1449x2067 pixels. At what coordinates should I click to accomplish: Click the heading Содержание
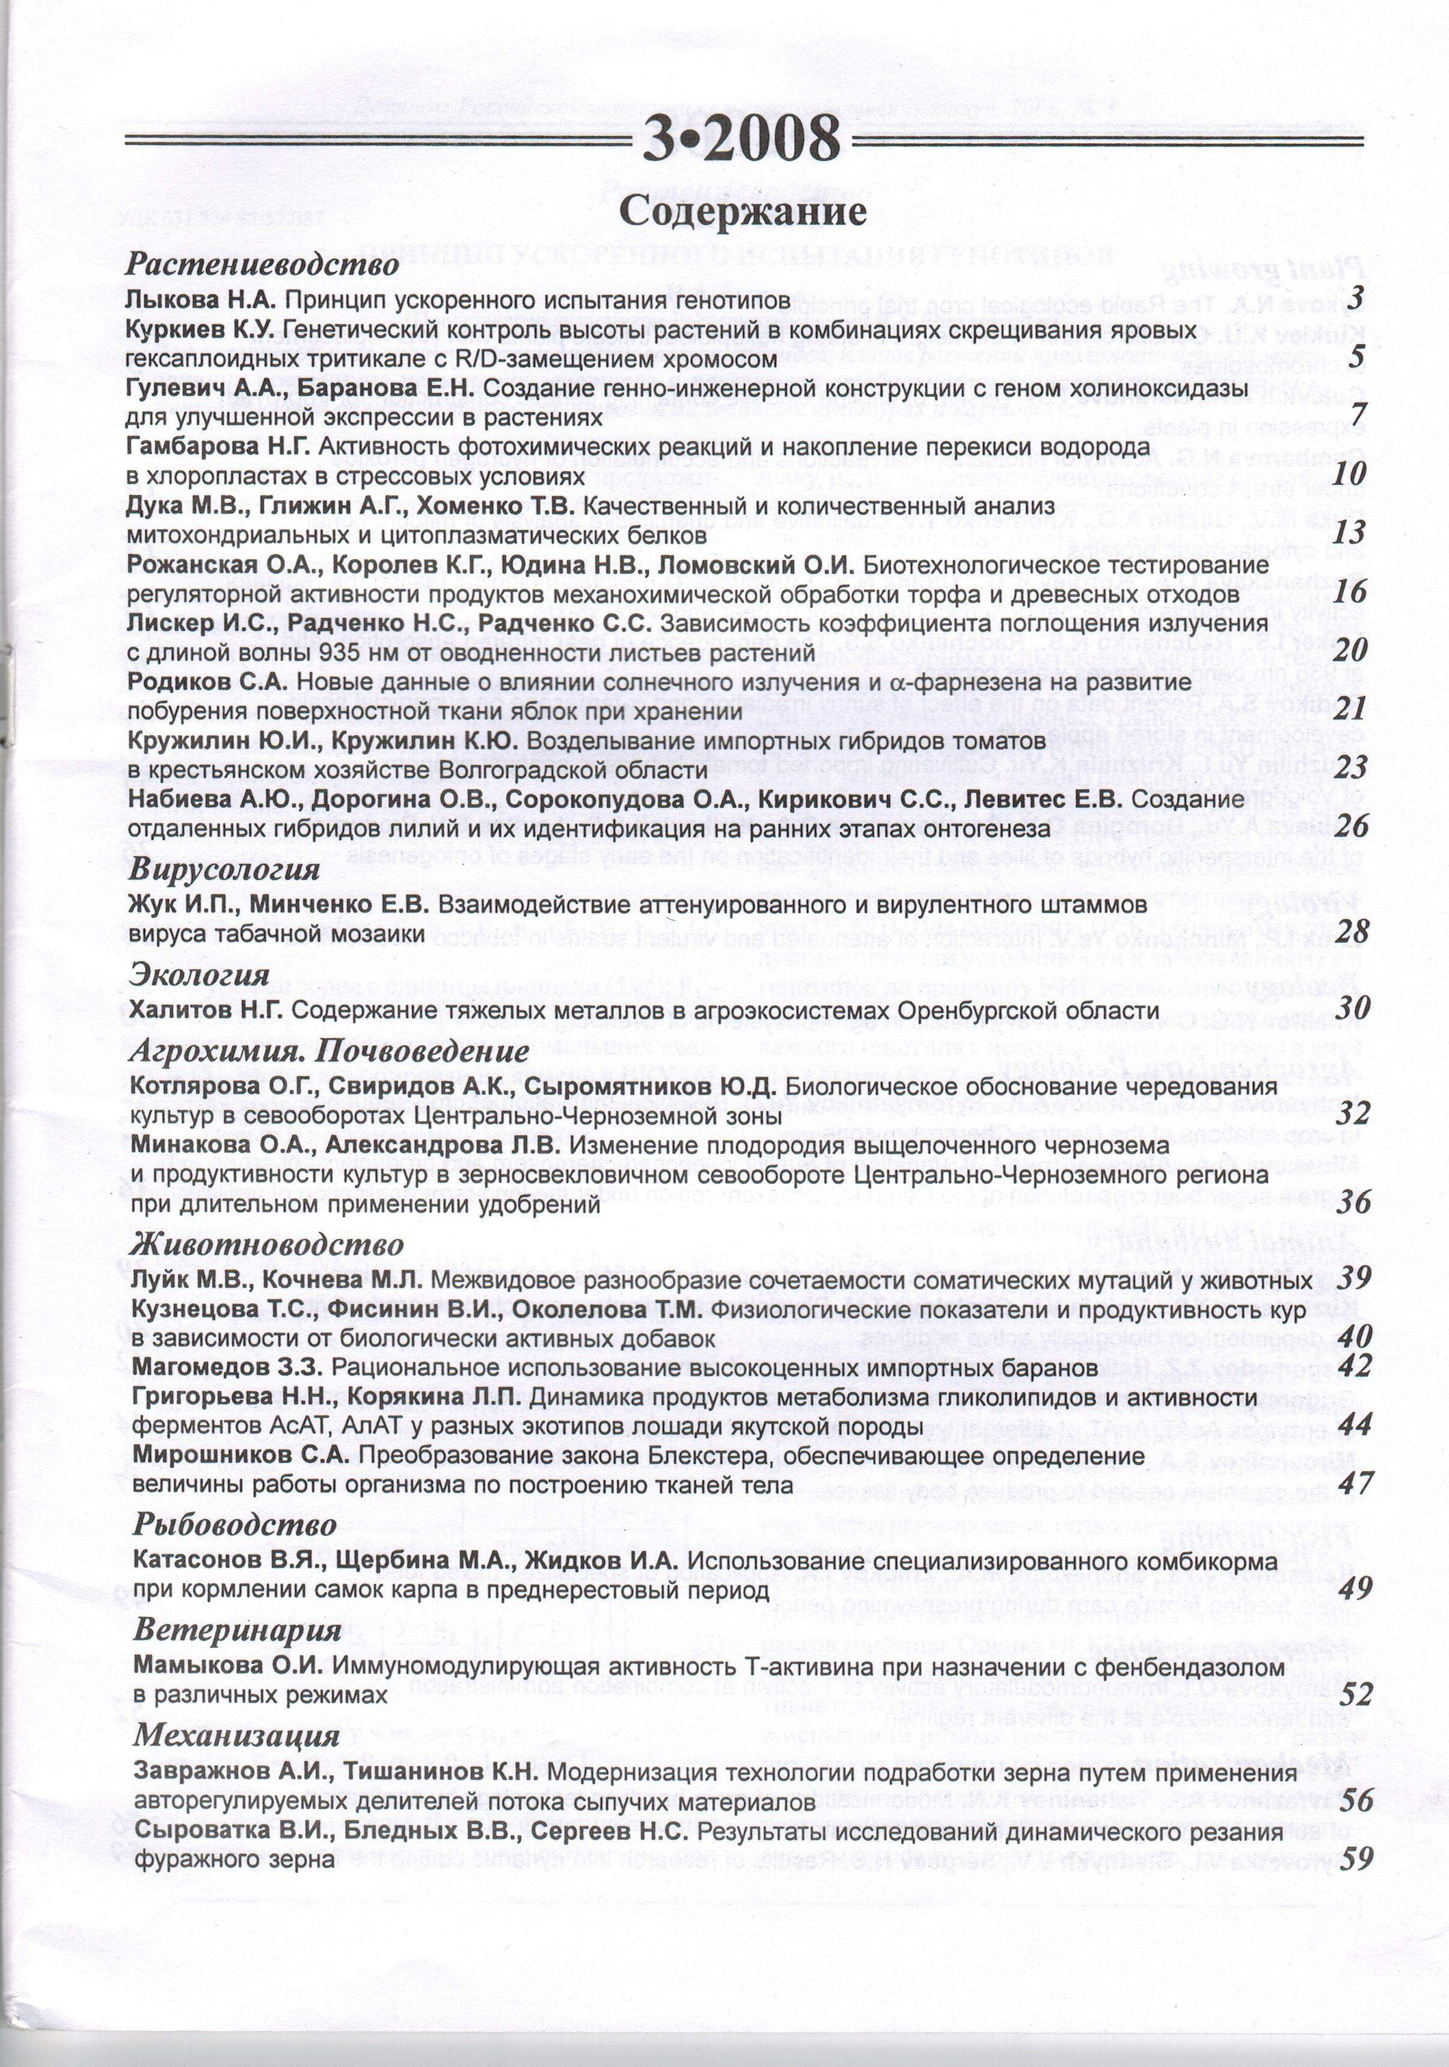click(x=743, y=212)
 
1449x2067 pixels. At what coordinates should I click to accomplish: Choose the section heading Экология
click(x=200, y=974)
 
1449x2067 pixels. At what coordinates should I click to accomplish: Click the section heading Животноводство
click(x=266, y=1245)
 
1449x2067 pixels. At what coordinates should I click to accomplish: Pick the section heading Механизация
click(x=236, y=1735)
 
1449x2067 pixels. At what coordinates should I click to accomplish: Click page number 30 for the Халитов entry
click(x=1353, y=1008)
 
